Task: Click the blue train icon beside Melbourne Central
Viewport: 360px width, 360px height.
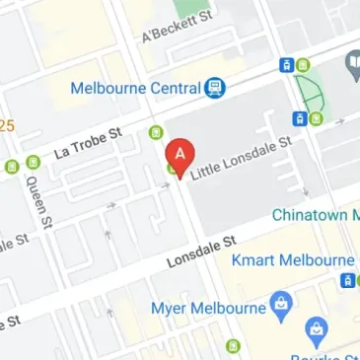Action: [213, 89]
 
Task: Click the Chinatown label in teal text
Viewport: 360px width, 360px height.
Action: [314, 215]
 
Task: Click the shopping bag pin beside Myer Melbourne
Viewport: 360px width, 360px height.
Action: [282, 301]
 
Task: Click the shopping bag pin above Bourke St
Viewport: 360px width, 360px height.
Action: [317, 330]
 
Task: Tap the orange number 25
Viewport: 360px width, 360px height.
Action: [6, 125]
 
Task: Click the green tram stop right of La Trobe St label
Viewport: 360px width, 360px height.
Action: [155, 131]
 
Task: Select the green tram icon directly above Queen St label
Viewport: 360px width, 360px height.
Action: [33, 162]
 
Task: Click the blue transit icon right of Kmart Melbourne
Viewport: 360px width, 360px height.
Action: [347, 280]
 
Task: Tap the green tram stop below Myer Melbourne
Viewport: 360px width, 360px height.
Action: [233, 346]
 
